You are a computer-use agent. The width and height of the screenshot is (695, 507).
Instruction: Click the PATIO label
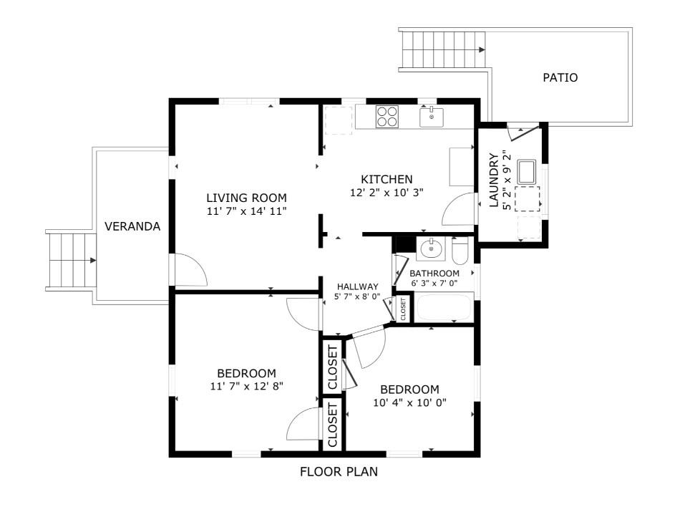point(560,77)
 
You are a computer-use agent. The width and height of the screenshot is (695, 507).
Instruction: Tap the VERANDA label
point(132,227)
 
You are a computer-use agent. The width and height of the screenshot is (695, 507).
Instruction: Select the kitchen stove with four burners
point(387,117)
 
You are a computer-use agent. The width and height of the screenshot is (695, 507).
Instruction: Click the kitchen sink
point(432,117)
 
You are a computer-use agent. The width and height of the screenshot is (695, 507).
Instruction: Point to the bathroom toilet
point(460,251)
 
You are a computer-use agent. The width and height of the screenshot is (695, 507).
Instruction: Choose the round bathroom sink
point(430,248)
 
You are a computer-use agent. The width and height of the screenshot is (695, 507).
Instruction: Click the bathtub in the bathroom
point(444,307)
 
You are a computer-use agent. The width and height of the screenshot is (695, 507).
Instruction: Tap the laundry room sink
point(527,172)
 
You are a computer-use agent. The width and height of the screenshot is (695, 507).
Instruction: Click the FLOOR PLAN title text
point(339,471)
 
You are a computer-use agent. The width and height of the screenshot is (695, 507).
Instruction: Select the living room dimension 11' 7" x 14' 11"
point(247,211)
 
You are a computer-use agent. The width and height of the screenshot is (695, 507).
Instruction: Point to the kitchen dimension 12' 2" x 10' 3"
point(387,193)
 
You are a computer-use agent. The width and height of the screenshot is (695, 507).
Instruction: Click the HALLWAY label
point(358,286)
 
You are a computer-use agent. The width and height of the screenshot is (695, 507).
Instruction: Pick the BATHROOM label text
point(434,274)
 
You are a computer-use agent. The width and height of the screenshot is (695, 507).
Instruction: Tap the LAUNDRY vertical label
point(494,180)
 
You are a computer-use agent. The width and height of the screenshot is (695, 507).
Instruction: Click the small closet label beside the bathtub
point(403,309)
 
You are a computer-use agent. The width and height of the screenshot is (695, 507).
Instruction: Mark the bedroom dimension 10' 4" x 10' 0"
point(409,402)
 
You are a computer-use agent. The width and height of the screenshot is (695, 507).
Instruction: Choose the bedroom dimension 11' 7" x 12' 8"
point(247,387)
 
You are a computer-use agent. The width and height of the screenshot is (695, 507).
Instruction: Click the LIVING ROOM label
point(247,198)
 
